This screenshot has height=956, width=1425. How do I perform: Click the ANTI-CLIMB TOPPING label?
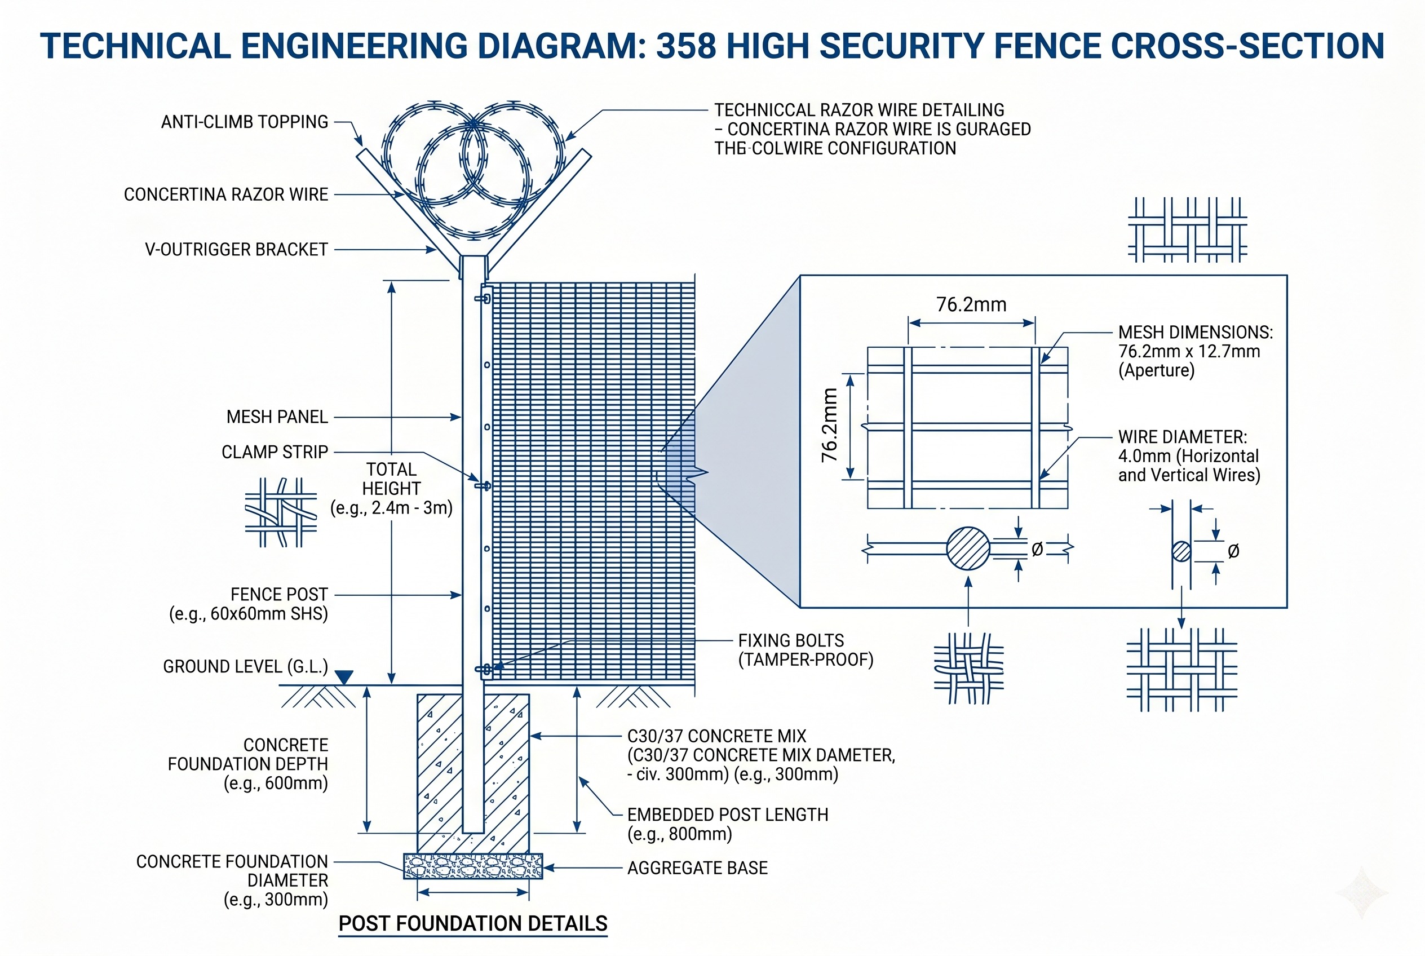coord(245,122)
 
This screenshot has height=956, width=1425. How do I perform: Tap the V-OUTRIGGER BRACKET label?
coord(237,249)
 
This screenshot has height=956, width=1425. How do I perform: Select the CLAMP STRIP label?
coord(275,452)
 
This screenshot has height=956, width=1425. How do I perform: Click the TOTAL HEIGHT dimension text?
coord(391,488)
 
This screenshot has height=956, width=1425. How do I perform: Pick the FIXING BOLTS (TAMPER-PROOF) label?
coord(806,650)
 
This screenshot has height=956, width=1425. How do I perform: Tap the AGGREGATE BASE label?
coord(697,868)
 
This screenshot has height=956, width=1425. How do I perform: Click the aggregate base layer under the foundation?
coord(473,866)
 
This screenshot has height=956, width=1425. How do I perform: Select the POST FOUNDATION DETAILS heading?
coord(473,923)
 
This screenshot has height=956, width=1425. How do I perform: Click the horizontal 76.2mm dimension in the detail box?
coord(971,304)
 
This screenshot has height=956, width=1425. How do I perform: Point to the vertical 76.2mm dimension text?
coord(830,425)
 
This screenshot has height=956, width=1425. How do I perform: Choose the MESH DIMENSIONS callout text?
coord(1194,351)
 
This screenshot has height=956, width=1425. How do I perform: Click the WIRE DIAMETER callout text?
coord(1188,456)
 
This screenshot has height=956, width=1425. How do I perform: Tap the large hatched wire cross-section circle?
coord(968,548)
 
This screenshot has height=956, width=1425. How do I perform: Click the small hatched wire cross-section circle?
coord(1181,551)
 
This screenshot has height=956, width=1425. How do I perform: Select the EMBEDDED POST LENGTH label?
coord(728,824)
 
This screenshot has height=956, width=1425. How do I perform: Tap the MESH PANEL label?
coord(277,417)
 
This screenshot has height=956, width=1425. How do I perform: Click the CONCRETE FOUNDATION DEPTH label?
coord(248,764)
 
